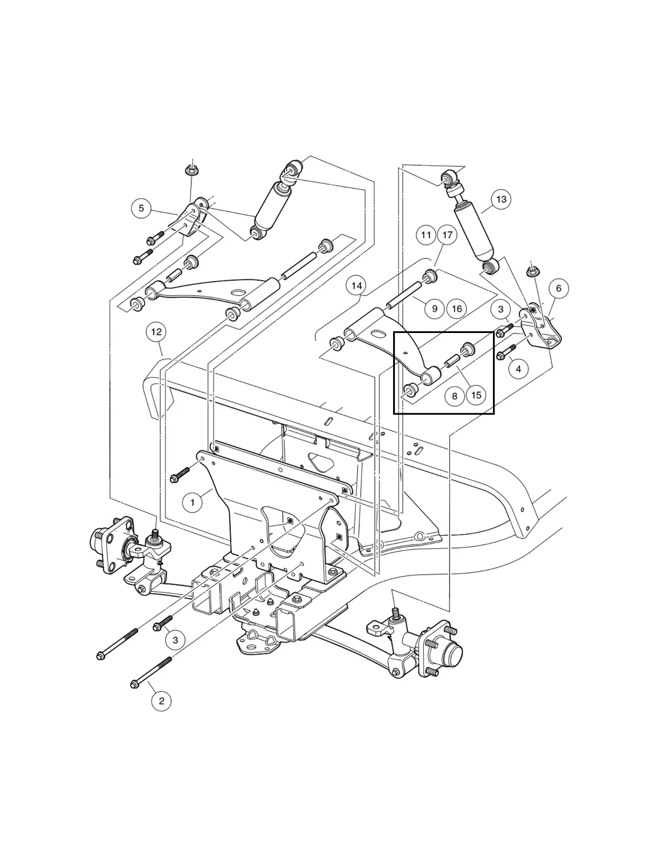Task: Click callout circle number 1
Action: [192, 502]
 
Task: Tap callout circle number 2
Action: [161, 701]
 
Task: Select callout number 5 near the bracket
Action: [141, 208]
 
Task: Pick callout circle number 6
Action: [559, 288]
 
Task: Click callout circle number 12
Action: [156, 332]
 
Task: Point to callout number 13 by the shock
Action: [501, 199]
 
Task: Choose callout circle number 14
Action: [356, 286]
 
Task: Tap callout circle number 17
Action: [447, 235]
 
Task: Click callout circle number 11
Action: [426, 235]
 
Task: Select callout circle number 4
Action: [519, 369]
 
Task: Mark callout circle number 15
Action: [476, 395]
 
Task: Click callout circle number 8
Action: [455, 396]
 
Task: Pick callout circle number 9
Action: [434, 309]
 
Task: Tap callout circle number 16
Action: [457, 309]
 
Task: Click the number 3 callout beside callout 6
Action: [501, 310]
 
